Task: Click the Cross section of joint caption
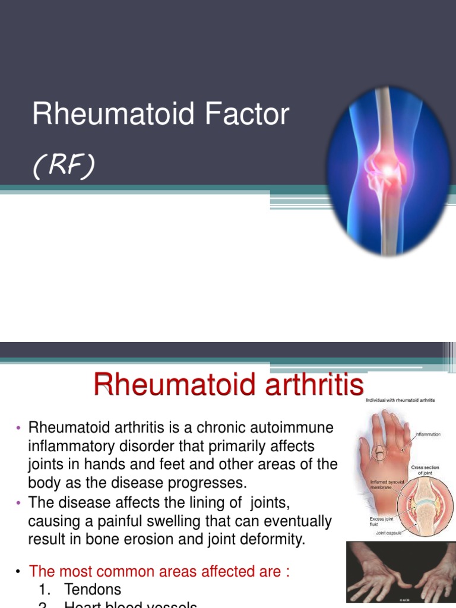pos(425,470)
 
